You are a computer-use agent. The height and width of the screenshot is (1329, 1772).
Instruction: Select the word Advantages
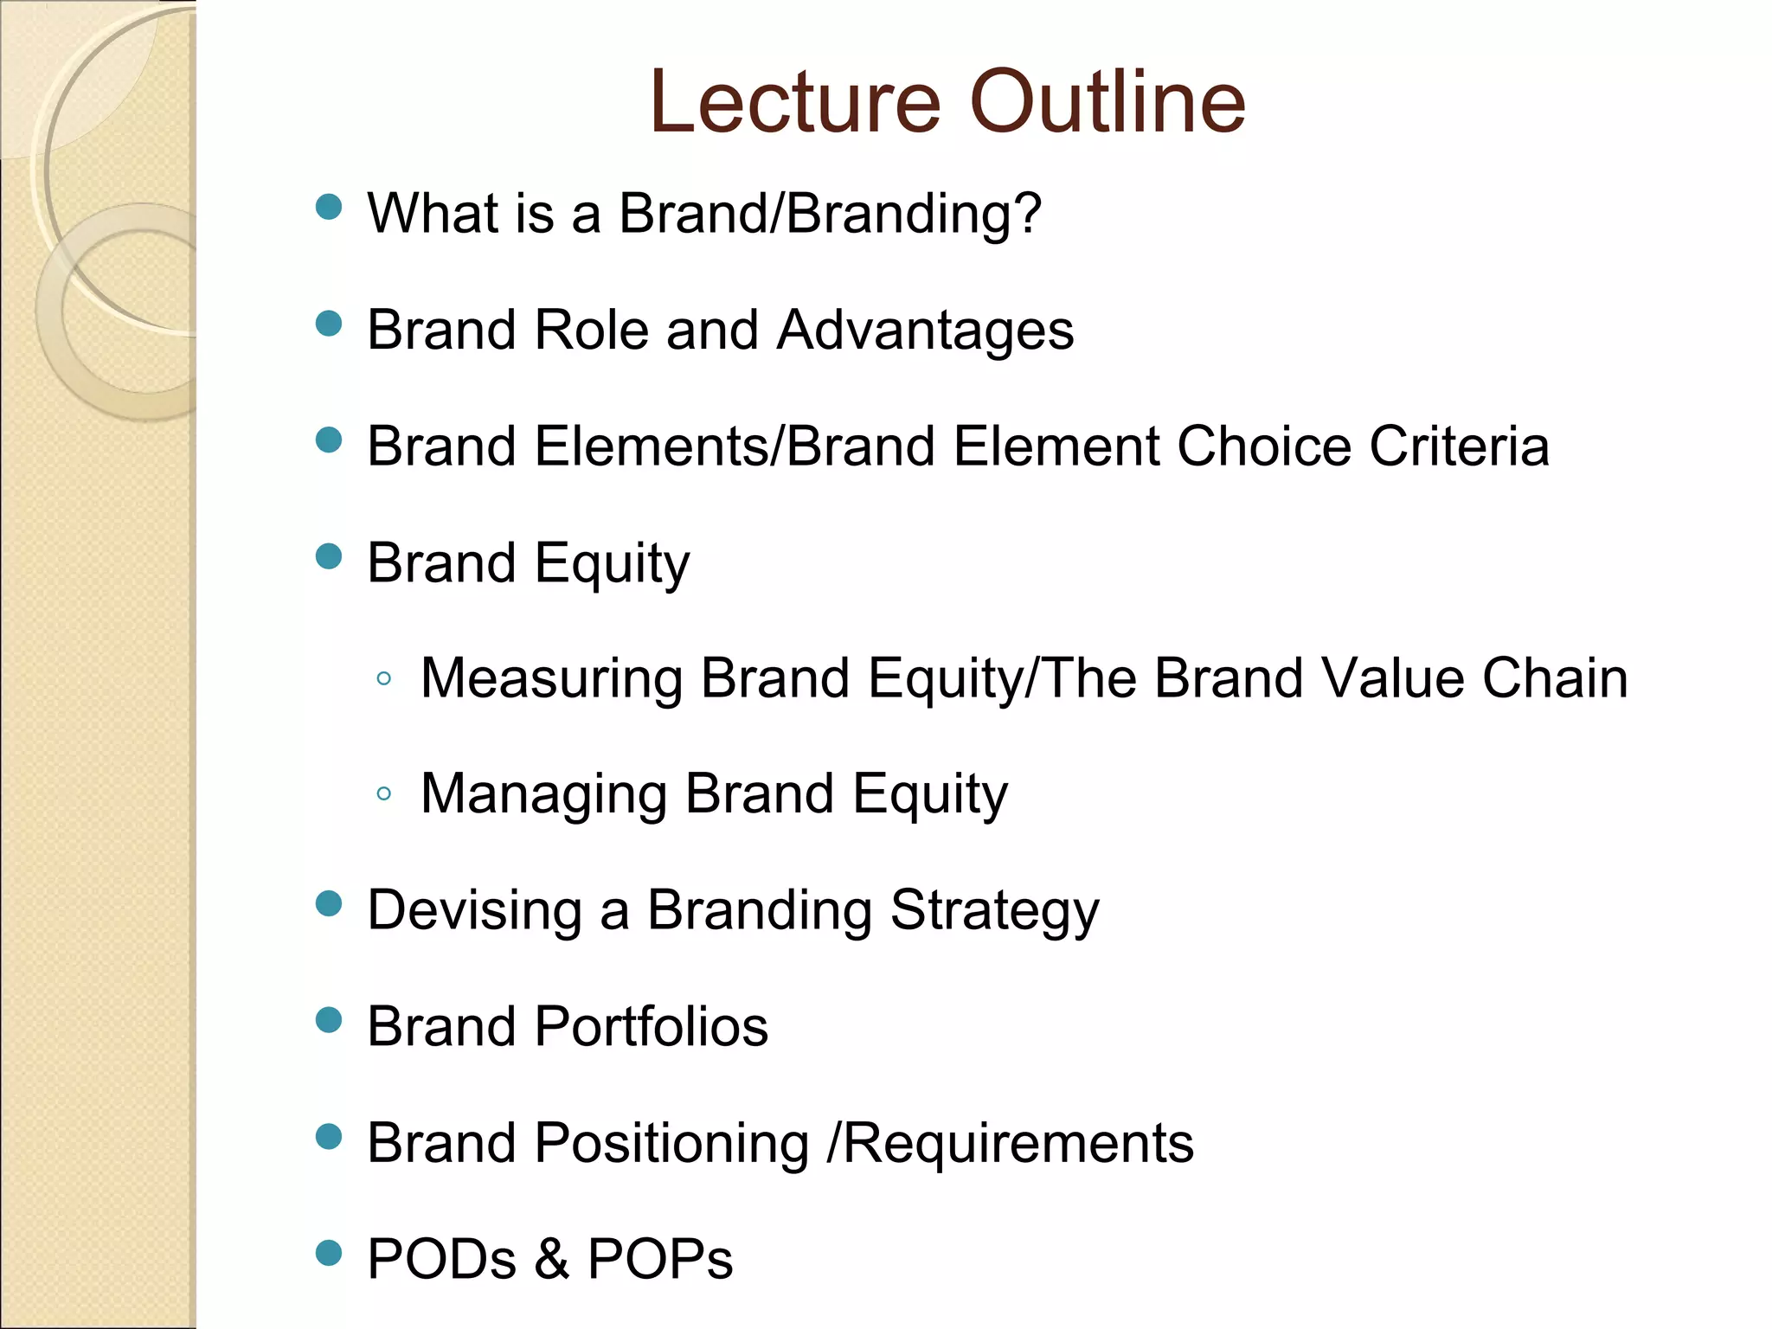click(x=925, y=330)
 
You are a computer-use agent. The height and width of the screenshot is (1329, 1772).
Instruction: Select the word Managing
click(x=543, y=794)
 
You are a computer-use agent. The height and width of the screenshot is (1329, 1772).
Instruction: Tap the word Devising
click(x=474, y=910)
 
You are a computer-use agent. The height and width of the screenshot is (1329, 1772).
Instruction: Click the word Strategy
click(x=994, y=912)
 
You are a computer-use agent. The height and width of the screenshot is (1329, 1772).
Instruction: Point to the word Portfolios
click(x=652, y=1026)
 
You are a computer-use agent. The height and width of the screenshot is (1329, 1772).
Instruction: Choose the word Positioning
click(x=672, y=1144)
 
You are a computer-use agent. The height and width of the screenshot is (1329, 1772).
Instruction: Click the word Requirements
click(x=1018, y=1144)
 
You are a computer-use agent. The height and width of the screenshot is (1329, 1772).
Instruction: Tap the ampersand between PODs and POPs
click(x=552, y=1259)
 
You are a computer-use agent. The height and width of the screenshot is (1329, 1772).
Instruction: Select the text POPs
click(x=660, y=1259)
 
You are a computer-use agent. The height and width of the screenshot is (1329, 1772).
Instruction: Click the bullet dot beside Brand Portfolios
click(x=329, y=1020)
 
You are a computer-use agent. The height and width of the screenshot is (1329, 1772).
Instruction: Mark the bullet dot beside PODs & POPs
click(x=329, y=1253)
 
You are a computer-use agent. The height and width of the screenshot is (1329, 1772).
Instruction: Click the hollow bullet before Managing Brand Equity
click(x=384, y=793)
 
